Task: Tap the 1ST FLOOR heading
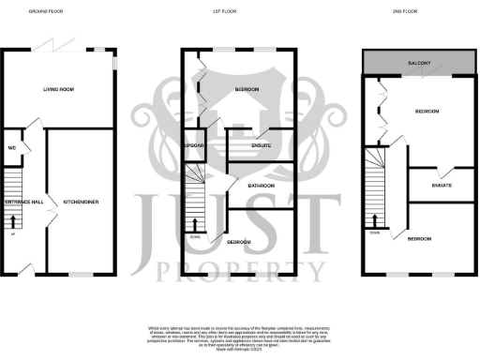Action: coord(241,12)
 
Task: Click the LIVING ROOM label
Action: coord(58,90)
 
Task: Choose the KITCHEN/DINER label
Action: coord(81,202)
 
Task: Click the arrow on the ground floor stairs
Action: coord(15,221)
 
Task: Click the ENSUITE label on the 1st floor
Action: coord(248,145)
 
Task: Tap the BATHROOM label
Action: coord(261,186)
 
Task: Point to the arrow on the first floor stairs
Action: coord(194,223)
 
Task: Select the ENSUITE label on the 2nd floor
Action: coord(442,187)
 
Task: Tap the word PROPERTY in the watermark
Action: coord(239,272)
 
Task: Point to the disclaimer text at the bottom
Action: coord(239,332)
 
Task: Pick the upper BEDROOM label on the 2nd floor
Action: coord(427,112)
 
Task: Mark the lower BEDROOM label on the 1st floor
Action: coord(239,242)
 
